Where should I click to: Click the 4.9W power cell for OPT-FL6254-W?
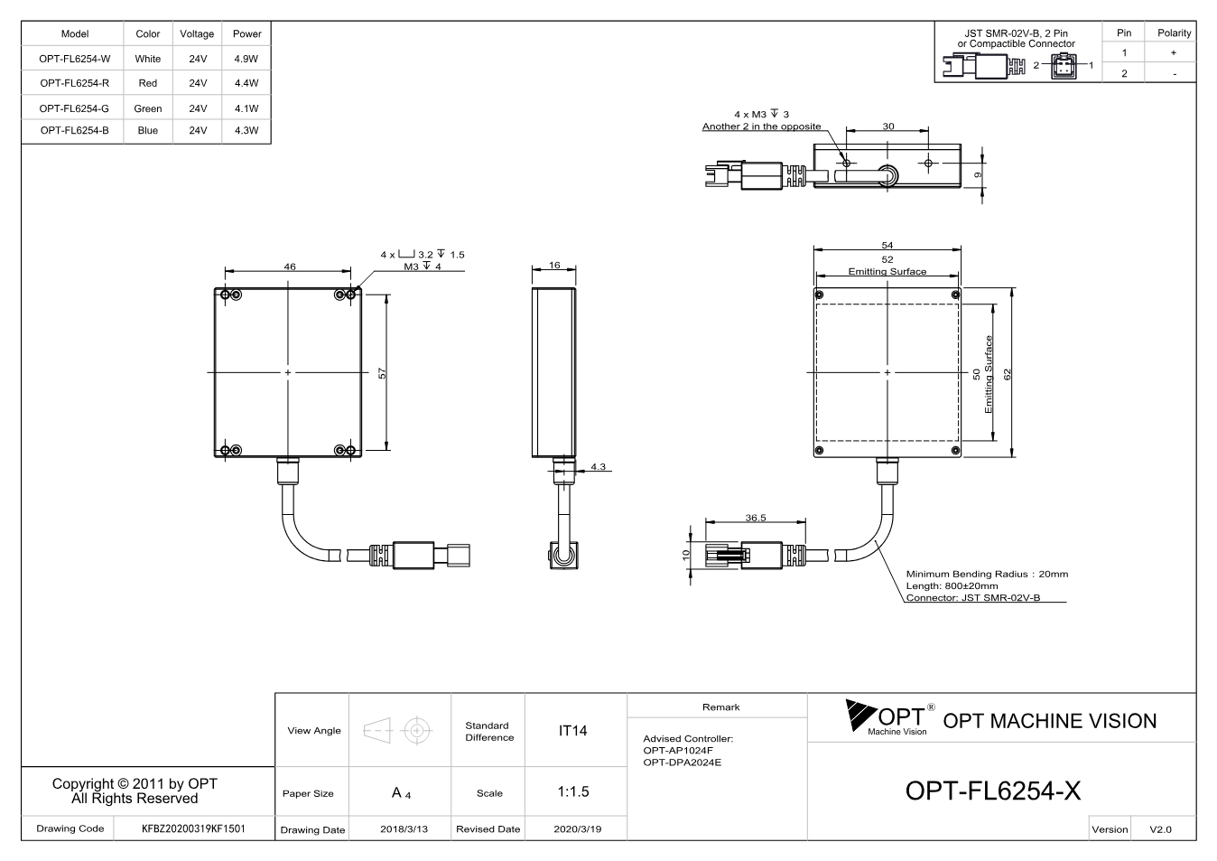tap(246, 59)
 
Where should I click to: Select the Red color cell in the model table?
tap(148, 83)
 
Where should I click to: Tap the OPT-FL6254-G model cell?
tap(74, 108)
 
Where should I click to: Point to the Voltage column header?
tap(197, 33)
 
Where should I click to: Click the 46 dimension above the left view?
tap(290, 267)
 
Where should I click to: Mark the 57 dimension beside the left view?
tap(382, 373)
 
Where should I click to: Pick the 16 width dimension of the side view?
tap(554, 266)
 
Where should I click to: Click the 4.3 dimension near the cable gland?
tap(599, 466)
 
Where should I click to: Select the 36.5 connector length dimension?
tap(755, 518)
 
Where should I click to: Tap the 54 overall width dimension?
tap(887, 245)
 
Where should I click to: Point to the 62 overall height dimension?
tap(1008, 375)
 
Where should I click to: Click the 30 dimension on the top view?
tap(888, 126)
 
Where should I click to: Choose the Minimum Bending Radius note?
tap(987, 574)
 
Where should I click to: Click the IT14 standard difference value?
tap(572, 731)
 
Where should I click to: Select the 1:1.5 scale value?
tap(573, 792)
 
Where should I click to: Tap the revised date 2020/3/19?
tap(578, 829)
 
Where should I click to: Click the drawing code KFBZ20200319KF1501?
tap(193, 828)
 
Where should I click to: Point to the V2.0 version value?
tap(1160, 829)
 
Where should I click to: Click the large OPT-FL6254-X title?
tap(993, 791)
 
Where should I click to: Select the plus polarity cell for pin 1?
tap(1174, 52)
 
